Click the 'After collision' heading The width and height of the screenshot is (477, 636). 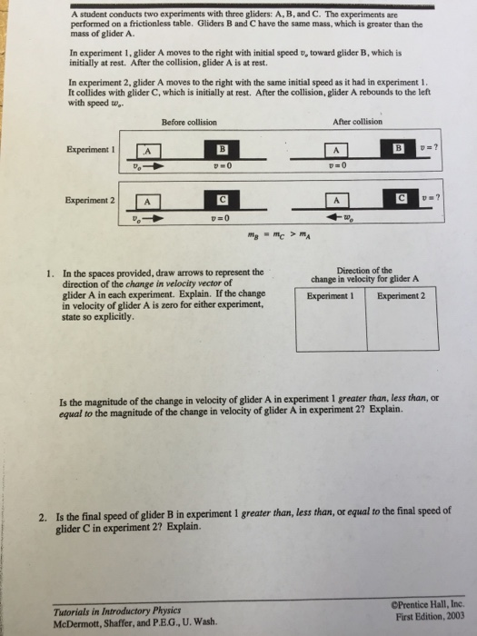(358, 122)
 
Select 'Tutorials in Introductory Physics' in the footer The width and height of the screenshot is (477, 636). (103, 611)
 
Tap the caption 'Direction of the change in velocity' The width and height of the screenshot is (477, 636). (363, 275)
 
